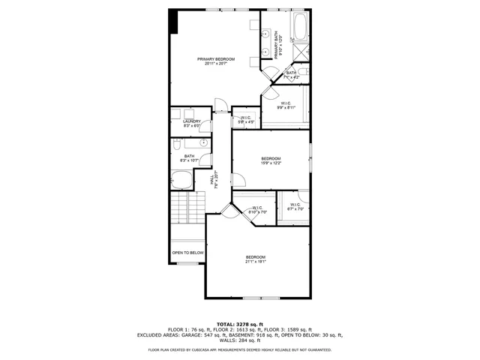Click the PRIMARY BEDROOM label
(216, 59)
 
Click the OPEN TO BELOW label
(187, 253)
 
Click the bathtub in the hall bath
(181, 180)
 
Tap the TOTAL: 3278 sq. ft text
(239, 323)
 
